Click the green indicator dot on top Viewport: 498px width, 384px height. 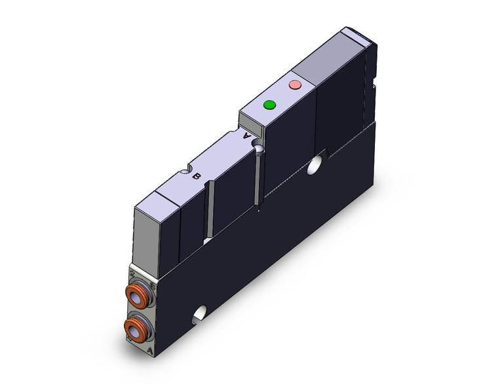(269, 105)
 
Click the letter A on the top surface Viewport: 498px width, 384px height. (246, 137)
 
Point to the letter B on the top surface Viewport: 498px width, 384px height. (196, 175)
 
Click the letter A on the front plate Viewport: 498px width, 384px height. (153, 351)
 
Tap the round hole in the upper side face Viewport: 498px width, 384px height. (318, 161)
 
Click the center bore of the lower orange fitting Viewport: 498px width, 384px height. (136, 331)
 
